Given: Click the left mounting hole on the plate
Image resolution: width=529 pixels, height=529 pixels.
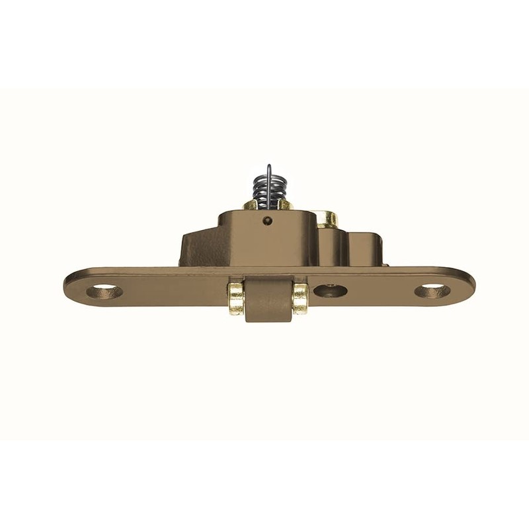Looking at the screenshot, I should point(104,291).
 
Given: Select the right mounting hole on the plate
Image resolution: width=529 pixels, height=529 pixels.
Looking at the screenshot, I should point(432,290).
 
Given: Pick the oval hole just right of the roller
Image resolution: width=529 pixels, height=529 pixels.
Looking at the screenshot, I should point(330,290).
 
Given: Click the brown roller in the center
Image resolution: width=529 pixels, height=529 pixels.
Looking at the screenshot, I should point(268,301).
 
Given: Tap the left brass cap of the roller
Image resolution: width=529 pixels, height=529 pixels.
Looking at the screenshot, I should point(236,298).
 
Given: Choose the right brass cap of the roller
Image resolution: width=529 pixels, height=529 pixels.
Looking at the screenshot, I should point(300,298).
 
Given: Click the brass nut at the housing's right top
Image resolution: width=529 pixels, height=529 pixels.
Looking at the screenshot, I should point(326,218).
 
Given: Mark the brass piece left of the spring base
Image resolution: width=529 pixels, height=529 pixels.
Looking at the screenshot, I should point(249,205).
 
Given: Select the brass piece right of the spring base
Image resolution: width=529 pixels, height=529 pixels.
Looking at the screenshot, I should point(286,205).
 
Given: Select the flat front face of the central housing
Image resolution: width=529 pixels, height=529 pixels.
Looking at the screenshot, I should point(264,241).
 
